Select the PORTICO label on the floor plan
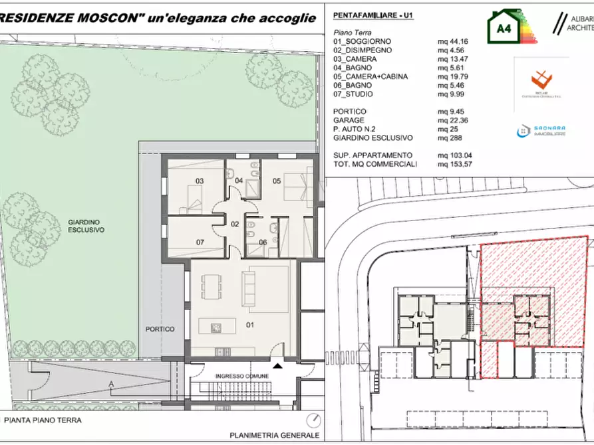(161, 329)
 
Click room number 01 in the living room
(250, 325)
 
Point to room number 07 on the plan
(199, 242)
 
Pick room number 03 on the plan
(199, 181)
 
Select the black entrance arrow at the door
(277, 364)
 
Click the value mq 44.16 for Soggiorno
(452, 41)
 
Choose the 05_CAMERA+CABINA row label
(371, 76)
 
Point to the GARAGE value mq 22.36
(452, 120)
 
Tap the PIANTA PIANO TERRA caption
(43, 420)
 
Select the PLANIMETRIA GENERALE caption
(274, 435)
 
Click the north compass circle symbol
(313, 420)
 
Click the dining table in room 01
(213, 287)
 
